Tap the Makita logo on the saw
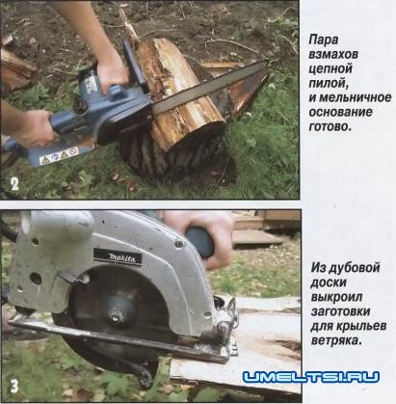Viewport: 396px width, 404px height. (x=116, y=256)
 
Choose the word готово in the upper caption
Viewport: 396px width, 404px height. (x=332, y=126)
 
